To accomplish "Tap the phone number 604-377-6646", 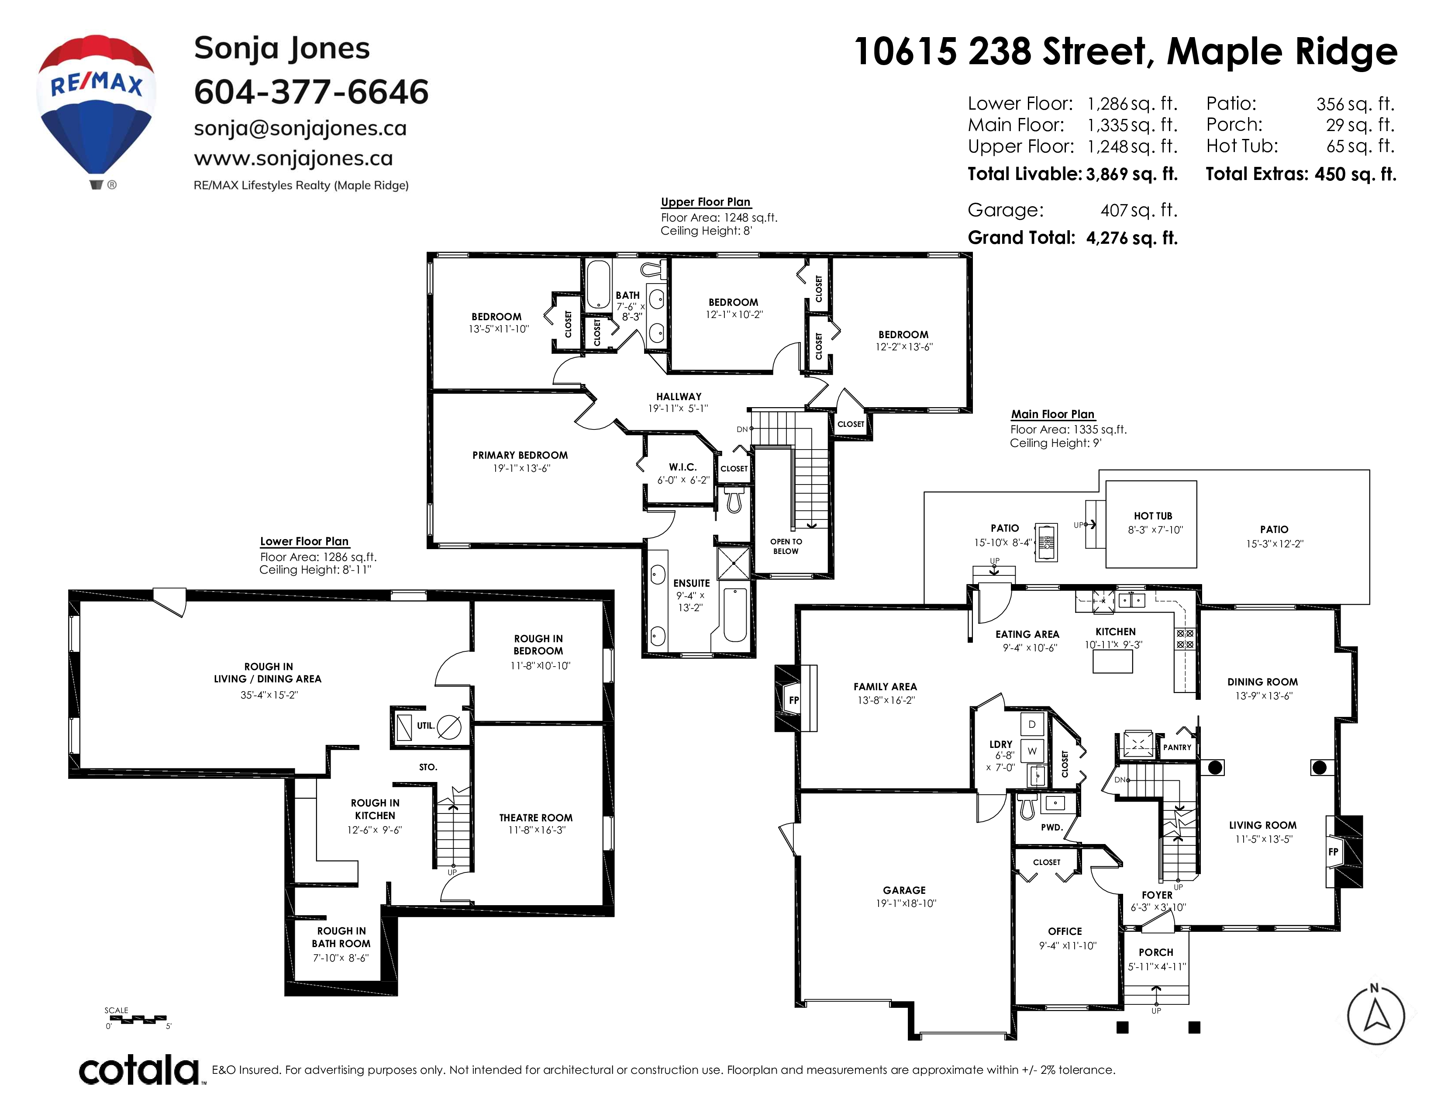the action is pos(311,92).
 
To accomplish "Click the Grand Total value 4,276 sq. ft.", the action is pos(1131,238).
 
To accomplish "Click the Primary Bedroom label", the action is pos(520,455).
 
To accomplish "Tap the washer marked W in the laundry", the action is pos(1032,751).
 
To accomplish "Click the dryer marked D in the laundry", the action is pos(1032,724).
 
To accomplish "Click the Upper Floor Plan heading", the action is pos(705,202).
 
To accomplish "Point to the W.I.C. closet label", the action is pos(682,467).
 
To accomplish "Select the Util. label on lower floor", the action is pos(426,725).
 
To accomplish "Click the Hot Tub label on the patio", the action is pos(1153,516).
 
